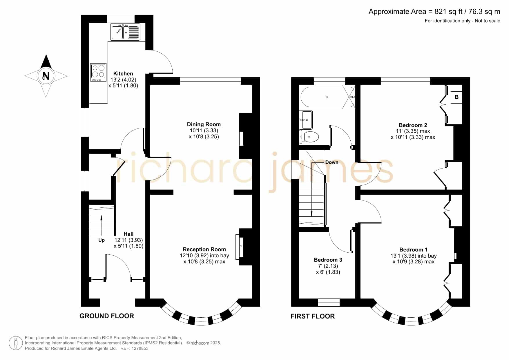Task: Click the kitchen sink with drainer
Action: [126, 32]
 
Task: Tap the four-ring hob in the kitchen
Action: [98, 72]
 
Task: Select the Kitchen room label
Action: [123, 74]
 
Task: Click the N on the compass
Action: [46, 76]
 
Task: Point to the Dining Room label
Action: [204, 124]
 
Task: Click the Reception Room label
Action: [204, 249]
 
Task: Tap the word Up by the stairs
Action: [102, 240]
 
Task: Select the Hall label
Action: [128, 234]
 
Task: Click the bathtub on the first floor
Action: [327, 97]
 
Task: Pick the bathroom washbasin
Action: [306, 120]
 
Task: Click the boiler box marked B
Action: [457, 97]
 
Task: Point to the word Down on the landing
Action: [332, 162]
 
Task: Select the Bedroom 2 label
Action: [413, 125]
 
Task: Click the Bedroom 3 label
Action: [328, 260]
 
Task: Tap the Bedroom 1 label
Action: [414, 250]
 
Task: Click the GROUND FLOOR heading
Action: [107, 316]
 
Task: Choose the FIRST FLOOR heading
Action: [313, 316]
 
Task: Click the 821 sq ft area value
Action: [448, 12]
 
